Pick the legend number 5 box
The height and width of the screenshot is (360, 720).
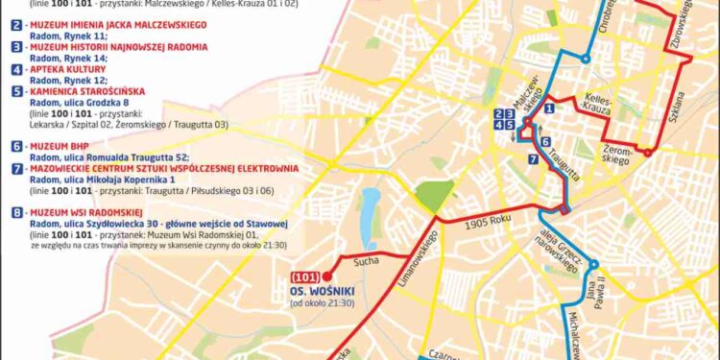[16, 91]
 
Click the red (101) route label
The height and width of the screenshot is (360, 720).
[306, 276]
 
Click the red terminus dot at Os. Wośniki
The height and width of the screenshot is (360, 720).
[327, 276]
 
